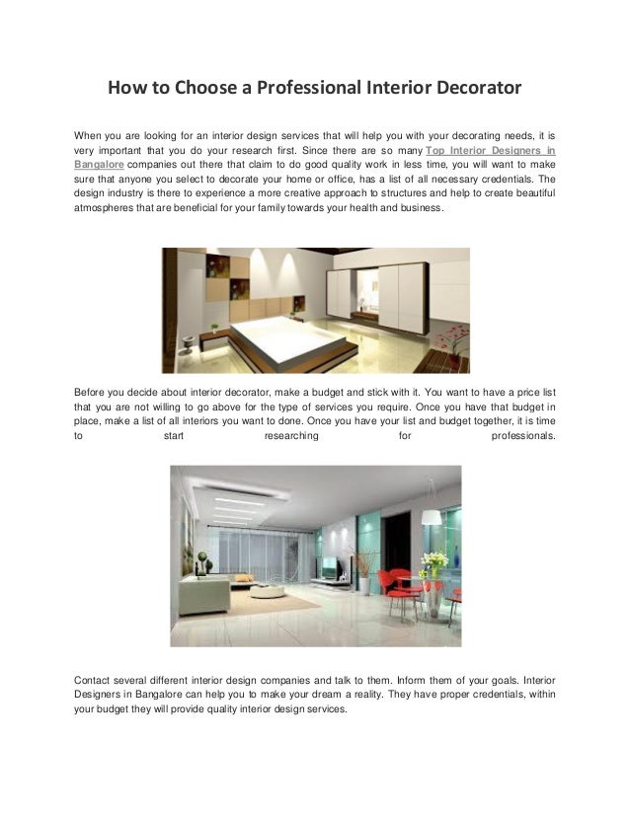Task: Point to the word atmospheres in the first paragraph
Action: [108, 211]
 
